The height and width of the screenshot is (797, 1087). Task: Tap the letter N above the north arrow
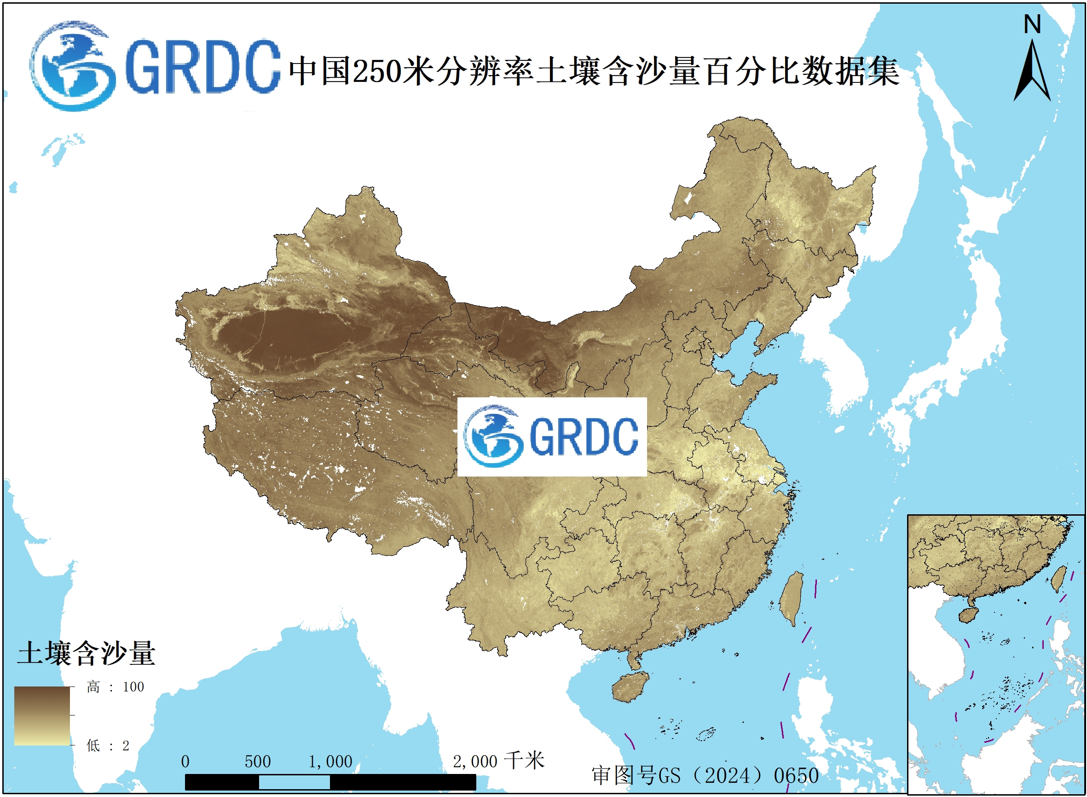1032,24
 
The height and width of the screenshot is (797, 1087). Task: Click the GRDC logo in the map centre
551,436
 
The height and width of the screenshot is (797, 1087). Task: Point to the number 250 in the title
376,71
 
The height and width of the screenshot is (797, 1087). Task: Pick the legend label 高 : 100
115,687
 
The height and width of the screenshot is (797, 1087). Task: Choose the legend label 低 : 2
108,746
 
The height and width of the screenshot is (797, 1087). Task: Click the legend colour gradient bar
42,716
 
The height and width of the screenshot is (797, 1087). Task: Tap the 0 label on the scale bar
185,762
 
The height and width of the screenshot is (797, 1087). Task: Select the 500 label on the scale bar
258,762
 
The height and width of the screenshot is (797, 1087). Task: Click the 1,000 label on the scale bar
330,762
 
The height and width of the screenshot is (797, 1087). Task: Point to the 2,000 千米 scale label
498,761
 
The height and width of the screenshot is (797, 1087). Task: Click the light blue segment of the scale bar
294,782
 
